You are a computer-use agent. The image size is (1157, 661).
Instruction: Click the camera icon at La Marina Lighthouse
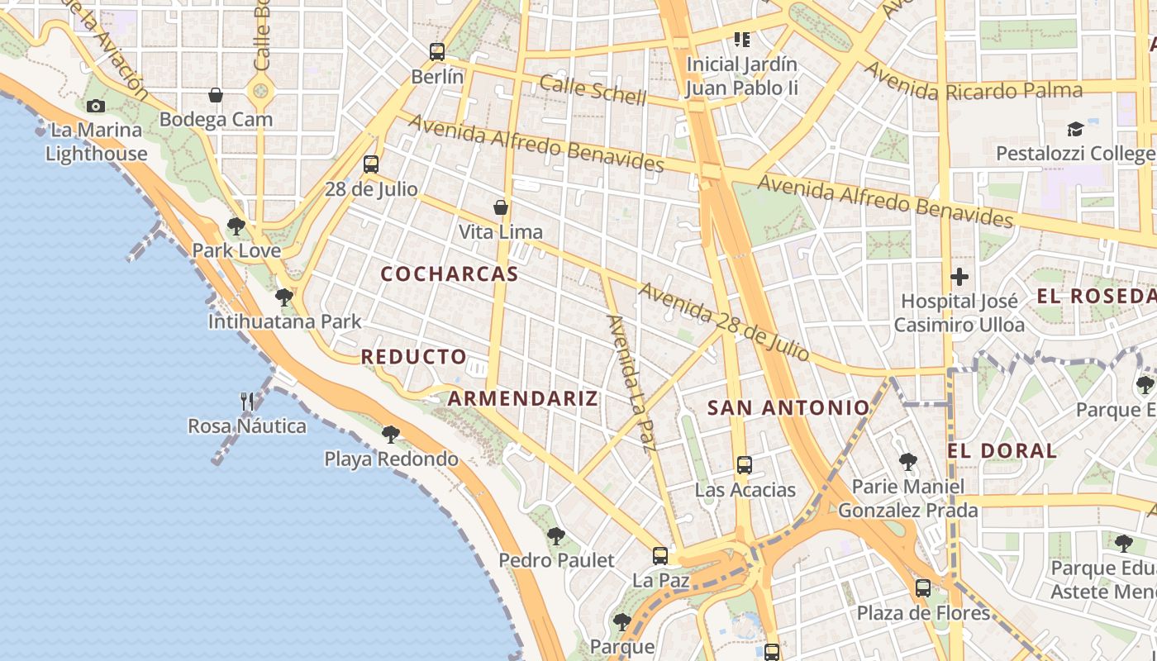pos(96,106)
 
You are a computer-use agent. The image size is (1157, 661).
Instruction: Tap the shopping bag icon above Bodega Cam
pos(216,96)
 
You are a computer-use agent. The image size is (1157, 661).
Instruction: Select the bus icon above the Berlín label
pos(437,52)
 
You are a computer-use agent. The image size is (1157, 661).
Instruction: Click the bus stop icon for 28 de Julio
pos(371,164)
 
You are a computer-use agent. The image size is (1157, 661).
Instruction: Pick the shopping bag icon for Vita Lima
pos(501,207)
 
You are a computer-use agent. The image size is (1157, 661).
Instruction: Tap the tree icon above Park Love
pos(236,226)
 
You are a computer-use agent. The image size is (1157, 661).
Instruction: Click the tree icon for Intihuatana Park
pos(284,297)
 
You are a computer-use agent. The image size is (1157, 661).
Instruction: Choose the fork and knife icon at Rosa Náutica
pos(246,402)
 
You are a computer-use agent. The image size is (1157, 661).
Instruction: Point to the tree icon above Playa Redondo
pos(391,434)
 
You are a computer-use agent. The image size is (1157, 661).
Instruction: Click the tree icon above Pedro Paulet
pos(556,536)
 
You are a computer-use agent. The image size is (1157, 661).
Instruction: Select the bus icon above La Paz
pos(660,556)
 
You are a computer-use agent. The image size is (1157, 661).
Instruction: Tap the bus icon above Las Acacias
pos(745,465)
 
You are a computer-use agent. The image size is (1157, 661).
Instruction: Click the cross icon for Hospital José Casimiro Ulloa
pos(959,277)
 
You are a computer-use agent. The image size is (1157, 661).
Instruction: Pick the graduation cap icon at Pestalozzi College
pos(1075,129)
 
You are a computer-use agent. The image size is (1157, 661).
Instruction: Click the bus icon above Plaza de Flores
pos(923,588)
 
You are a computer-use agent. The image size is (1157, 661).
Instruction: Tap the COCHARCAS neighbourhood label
pos(450,274)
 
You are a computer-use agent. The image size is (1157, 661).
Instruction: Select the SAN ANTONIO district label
pos(789,407)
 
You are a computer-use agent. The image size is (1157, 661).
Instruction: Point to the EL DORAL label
pos(1002,451)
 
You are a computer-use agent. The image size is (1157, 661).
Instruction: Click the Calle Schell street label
pos(593,90)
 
